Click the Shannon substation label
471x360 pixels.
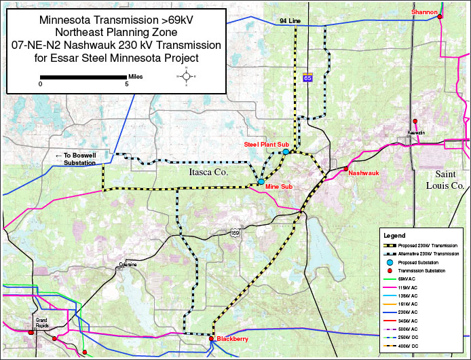click(421, 12)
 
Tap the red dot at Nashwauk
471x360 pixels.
click(345, 168)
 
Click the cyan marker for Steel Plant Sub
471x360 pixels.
click(286, 152)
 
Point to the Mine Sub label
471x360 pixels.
click(280, 185)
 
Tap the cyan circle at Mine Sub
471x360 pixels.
click(261, 182)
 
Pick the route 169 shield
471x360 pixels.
click(235, 233)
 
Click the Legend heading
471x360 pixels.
click(394, 234)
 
